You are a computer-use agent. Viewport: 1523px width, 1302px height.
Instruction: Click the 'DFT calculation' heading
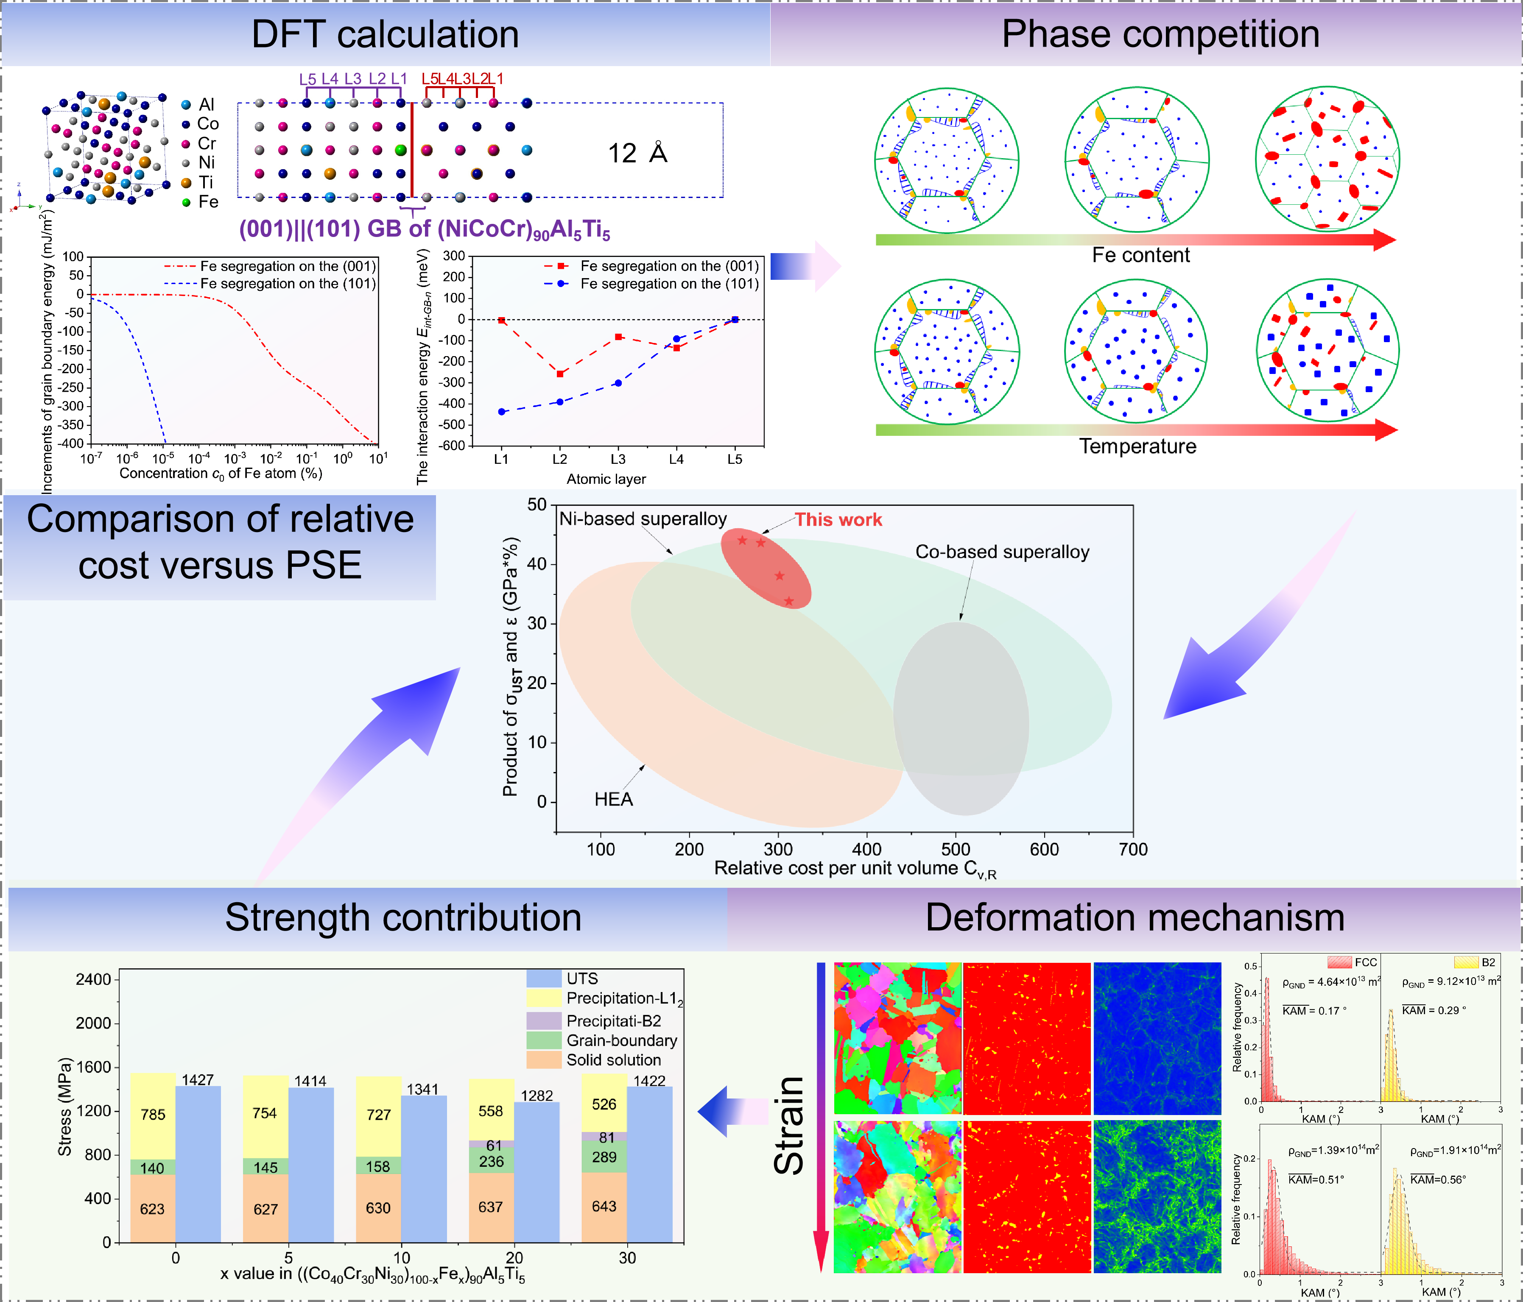(x=385, y=34)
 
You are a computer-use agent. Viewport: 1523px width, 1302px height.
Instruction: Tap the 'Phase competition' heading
(x=1160, y=34)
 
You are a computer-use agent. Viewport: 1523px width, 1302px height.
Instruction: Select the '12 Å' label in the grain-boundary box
(x=637, y=153)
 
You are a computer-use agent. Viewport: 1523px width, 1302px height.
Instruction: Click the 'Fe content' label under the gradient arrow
(x=1140, y=255)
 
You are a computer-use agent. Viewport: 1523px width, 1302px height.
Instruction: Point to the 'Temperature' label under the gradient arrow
(x=1137, y=446)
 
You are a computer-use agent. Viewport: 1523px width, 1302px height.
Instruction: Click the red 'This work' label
(x=838, y=519)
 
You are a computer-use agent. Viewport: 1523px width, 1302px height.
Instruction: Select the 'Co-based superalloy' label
(x=1002, y=552)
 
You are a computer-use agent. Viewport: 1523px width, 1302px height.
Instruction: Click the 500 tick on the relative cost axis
(x=956, y=849)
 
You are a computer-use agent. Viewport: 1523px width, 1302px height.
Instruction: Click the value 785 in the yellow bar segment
(x=153, y=1115)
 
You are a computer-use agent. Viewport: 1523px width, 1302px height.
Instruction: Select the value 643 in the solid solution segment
(x=604, y=1207)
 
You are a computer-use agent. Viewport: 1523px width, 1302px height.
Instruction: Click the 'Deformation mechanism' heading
(x=1134, y=918)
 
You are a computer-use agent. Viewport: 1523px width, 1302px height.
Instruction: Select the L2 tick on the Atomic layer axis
(x=559, y=459)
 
